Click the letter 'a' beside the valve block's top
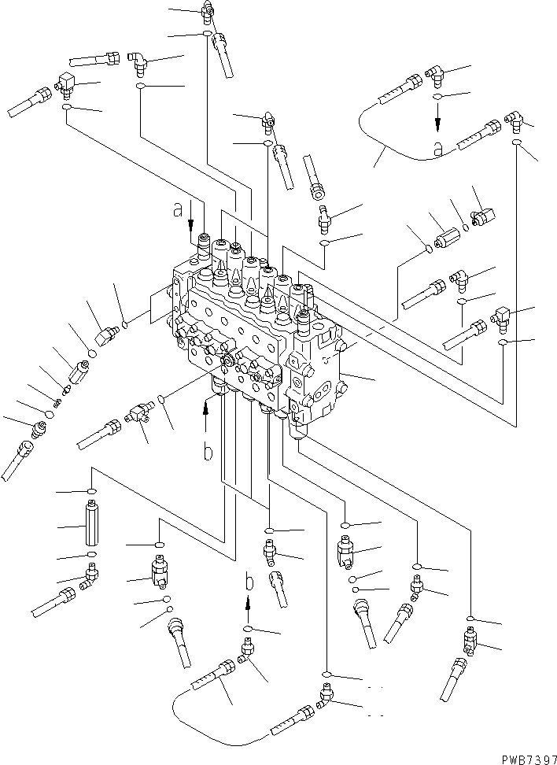point(180,209)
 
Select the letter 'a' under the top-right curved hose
point(460,147)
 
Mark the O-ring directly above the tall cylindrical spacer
point(91,493)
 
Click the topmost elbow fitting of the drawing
point(208,10)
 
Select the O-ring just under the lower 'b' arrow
point(248,630)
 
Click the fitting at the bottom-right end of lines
point(470,641)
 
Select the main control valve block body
point(260,338)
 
